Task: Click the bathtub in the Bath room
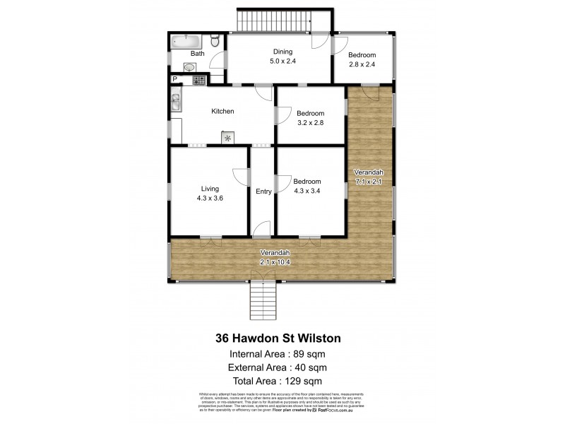tap(185, 42)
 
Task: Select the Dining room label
tap(283, 51)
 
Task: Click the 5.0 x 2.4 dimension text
tap(283, 61)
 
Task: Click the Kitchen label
tap(222, 112)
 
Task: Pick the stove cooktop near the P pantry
tap(198, 80)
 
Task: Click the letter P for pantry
tap(174, 79)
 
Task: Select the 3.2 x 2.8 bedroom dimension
tap(310, 124)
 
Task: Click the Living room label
tap(210, 189)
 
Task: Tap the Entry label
tap(263, 192)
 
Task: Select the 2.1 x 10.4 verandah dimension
tap(275, 262)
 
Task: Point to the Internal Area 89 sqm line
tap(282, 354)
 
